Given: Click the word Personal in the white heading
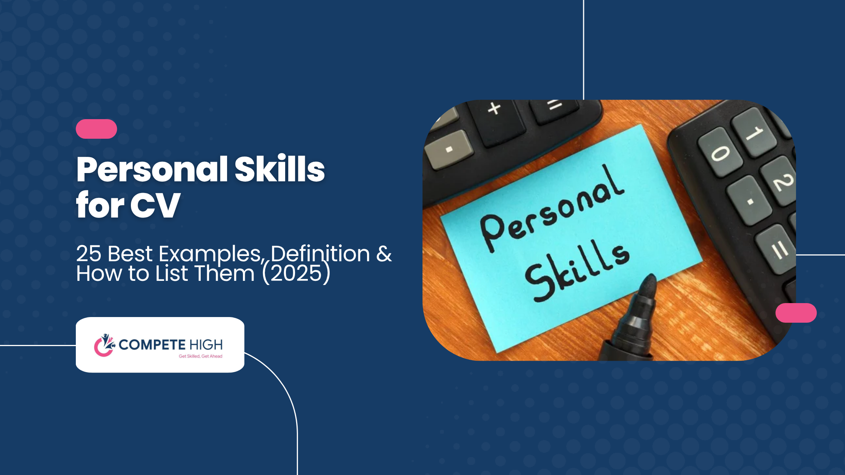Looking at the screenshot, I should [152, 170].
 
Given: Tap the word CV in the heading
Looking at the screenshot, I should [155, 205].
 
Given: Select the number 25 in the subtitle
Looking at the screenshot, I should [89, 253].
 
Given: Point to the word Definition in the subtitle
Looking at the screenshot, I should [320, 253].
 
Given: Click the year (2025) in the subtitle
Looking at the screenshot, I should [296, 273].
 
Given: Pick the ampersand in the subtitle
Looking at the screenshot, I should [384, 253].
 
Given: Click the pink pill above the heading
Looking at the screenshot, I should [96, 129].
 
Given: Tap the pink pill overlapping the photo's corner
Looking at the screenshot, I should [796, 313].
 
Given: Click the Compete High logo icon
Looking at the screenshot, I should [104, 345].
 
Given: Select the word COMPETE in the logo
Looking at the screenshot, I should [152, 345].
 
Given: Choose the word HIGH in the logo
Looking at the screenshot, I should [206, 345].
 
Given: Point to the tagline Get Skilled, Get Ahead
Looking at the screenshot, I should [200, 356].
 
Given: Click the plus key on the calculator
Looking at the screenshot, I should [494, 109].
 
